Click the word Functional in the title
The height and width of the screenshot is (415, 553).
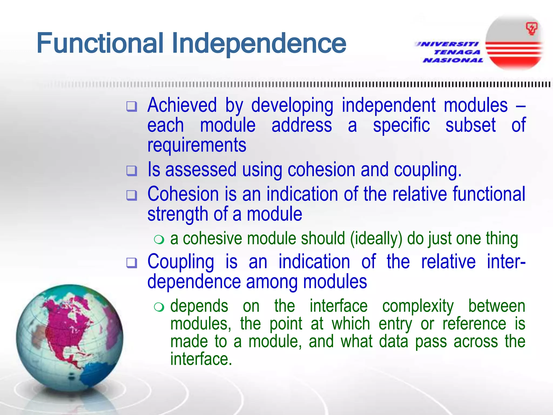[100, 43]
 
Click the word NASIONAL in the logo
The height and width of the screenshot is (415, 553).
[453, 60]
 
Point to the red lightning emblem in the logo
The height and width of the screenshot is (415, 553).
[531, 29]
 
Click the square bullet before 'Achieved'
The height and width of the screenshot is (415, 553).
[132, 106]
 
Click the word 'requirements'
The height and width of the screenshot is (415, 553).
[197, 145]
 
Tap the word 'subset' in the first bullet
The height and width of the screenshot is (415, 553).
[470, 125]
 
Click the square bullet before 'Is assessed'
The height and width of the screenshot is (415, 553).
[132, 171]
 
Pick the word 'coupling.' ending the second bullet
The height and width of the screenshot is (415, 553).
[428, 170]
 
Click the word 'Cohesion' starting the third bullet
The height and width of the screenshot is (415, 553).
[183, 194]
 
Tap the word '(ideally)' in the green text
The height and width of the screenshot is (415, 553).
[376, 238]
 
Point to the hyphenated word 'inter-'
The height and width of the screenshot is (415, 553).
[506, 262]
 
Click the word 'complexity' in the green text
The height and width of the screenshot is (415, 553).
[418, 306]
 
